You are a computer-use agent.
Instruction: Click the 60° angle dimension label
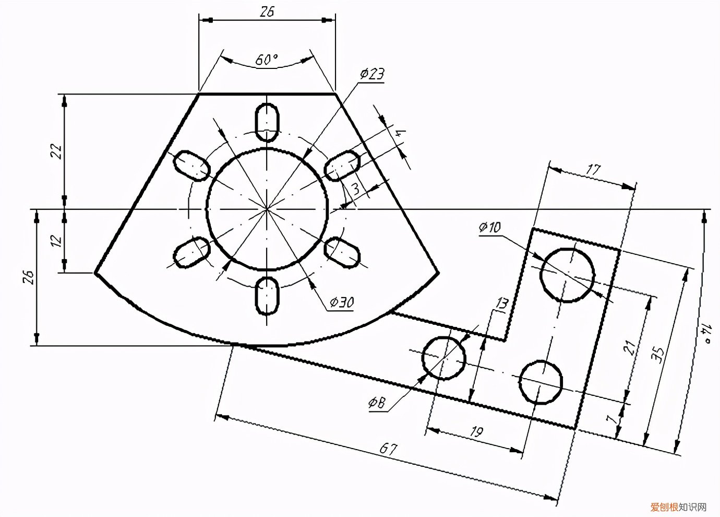[x=267, y=60]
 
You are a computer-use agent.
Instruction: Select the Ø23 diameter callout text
[x=372, y=74]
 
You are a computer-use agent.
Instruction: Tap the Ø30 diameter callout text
[x=341, y=302]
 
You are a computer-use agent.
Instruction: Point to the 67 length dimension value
[x=389, y=449]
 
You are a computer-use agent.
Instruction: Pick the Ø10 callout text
[x=489, y=227]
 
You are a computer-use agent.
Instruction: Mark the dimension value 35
[x=658, y=355]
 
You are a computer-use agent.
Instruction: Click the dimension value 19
[x=476, y=431]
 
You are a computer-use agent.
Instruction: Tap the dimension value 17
[x=594, y=169]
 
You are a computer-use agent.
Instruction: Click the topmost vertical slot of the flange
[x=267, y=122]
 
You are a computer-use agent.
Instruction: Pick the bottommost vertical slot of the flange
[x=267, y=296]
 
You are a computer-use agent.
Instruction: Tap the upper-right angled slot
[x=342, y=166]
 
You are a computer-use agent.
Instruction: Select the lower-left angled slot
[x=191, y=253]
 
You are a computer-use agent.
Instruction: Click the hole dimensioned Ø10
[x=568, y=275]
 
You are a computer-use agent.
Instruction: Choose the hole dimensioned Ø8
[x=443, y=358]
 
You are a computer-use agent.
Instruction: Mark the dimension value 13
[x=501, y=304]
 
